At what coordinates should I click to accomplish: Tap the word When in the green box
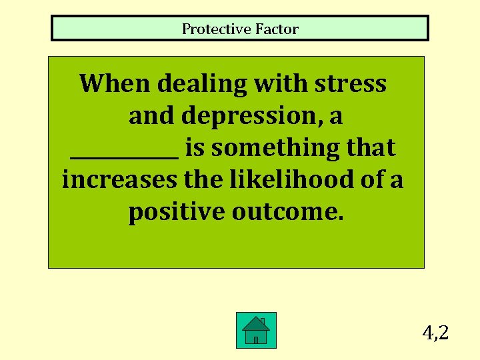115,84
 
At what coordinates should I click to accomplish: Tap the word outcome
288,212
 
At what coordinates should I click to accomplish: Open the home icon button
256,330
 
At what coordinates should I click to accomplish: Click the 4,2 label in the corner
435,331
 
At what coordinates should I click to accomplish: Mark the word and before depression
152,116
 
